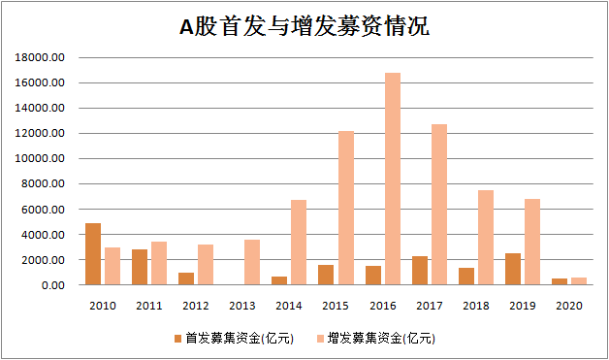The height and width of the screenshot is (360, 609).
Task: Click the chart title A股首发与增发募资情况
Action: pos(304,27)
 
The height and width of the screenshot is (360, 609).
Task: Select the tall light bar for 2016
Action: pos(392,180)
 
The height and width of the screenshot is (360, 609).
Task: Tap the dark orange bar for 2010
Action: pos(93,254)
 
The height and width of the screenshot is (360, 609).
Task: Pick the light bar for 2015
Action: pos(345,208)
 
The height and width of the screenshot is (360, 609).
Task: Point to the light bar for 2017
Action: pos(438,205)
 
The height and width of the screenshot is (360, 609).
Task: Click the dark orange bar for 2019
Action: pos(513,269)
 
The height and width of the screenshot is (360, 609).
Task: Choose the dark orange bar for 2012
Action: pos(186,278)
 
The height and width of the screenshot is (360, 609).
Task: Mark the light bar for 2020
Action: pos(579,281)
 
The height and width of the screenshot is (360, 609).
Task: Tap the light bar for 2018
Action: pos(485,238)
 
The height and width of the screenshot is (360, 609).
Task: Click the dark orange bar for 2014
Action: pos(279,280)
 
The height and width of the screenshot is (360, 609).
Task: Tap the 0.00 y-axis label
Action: pos(51,285)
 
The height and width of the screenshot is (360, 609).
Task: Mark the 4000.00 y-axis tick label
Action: pos(44,235)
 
